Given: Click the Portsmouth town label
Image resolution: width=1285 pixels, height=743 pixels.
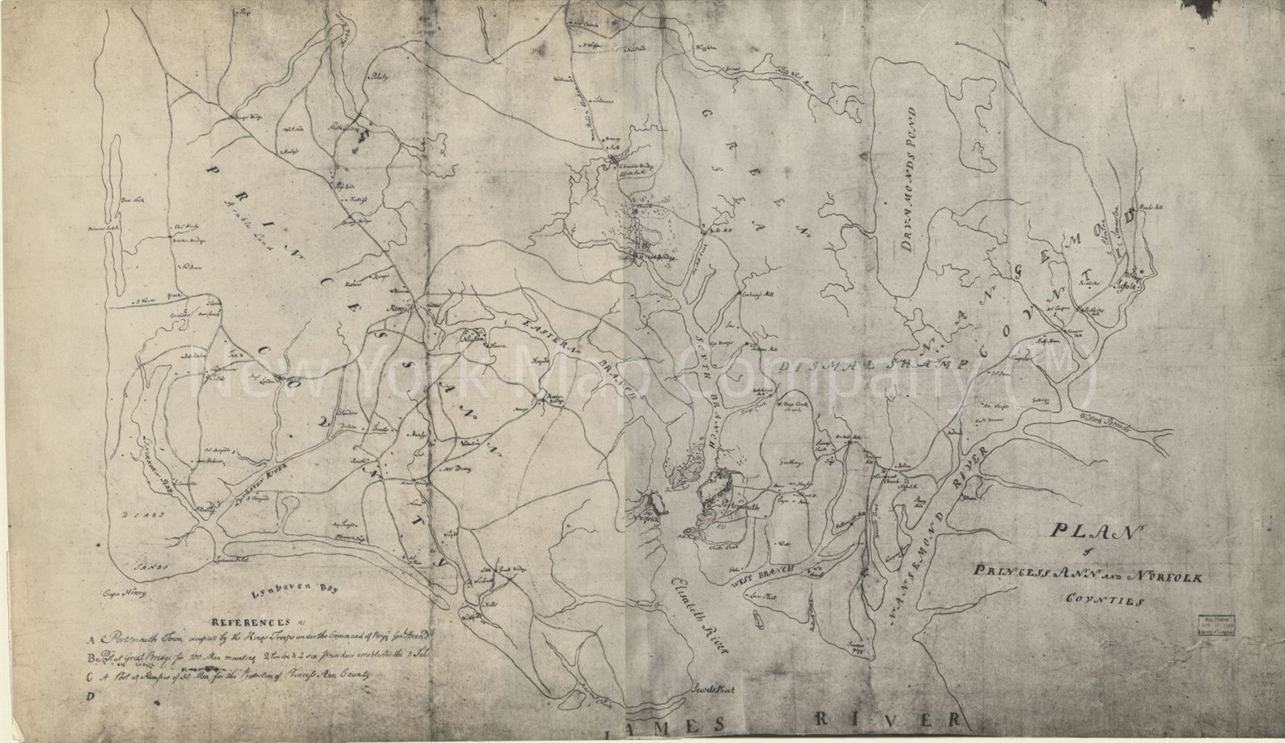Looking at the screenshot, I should tap(732, 504).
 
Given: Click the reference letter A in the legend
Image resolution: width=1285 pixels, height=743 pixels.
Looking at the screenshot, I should tap(95, 636).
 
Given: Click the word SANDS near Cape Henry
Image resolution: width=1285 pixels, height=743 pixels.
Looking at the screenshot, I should tap(151, 567).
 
